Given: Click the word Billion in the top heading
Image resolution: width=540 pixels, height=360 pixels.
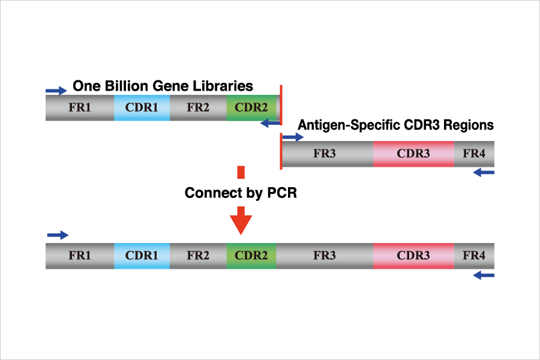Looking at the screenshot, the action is coord(127,86).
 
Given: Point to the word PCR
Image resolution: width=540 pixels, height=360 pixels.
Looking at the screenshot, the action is coord(282,193).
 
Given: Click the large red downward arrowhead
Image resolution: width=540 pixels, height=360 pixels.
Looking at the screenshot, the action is coord(241,221).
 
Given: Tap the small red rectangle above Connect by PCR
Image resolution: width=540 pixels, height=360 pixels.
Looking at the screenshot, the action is coord(241,172).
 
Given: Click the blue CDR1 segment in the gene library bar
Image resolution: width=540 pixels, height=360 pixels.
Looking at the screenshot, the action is coord(142,107).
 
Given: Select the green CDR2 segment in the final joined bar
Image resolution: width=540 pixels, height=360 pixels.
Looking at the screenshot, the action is coord(251,256).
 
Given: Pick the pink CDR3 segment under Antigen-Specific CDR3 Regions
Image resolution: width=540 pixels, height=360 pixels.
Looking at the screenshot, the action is coord(413,154).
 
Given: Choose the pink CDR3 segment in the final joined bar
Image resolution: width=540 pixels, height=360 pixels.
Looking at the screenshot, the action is coord(413,256).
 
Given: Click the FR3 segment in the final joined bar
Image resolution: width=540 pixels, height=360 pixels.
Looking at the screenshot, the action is coord(325,256).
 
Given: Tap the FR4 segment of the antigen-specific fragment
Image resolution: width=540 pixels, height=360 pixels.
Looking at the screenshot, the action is coord(474,154).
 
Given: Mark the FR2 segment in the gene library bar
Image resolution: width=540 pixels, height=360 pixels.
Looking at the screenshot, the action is coord(198,107).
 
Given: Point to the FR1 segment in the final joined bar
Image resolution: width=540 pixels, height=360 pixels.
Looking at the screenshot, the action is coord(80,256).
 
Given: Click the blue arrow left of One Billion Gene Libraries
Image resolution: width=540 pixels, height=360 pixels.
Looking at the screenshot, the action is coord(56,91).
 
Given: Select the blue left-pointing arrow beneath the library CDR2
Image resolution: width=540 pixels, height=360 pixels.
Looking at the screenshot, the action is coord(271,123).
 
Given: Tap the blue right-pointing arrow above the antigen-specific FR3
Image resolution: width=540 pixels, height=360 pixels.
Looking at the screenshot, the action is coord(293,137).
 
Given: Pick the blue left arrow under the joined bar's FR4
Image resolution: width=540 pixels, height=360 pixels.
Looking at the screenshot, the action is coord(484,275).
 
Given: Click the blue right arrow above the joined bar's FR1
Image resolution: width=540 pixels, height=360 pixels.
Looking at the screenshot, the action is coord(58,235).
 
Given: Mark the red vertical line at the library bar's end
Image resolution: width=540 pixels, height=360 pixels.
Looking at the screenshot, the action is coord(281,105).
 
